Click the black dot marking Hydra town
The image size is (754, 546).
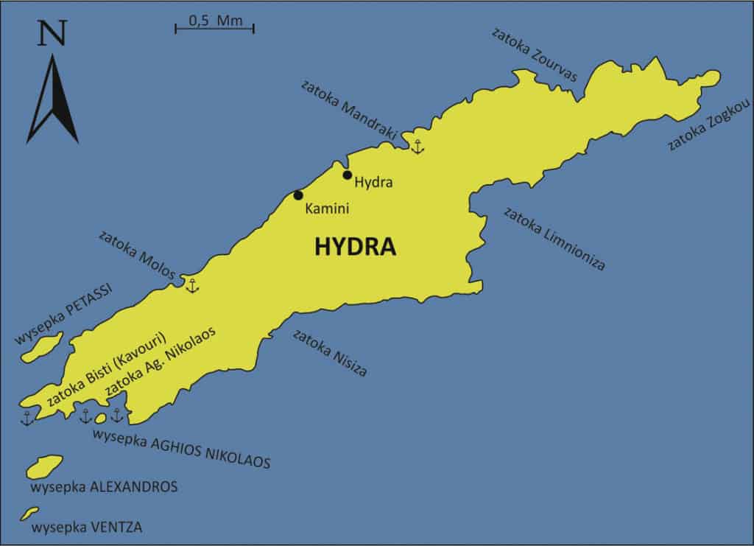pos(348,175)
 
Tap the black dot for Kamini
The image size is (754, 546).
pos(298,195)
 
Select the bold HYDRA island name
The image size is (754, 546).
pos(355,247)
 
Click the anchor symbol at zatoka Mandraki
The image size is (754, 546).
pos(417,147)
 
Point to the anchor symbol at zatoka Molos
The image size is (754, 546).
pos(192,285)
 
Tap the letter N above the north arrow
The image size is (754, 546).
pos(50,34)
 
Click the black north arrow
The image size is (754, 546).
pos(52,99)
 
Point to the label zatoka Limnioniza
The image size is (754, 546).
pos(554,238)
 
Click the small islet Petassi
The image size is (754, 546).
pos(43,346)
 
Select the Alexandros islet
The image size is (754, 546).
pos(45,466)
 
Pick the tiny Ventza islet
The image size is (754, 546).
pos(29,513)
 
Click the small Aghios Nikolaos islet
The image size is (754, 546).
pos(101,419)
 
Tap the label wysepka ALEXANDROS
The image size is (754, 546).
pos(104,487)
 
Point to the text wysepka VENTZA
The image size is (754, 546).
pos(87,528)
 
